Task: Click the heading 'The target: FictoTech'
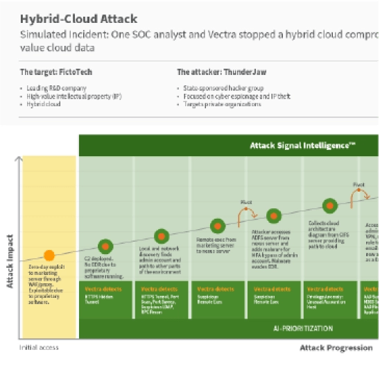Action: (x=56, y=72)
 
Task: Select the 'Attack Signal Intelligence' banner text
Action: (x=302, y=146)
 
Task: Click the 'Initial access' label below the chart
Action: (x=39, y=347)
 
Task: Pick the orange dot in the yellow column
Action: (x=49, y=256)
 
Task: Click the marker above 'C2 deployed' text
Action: (x=105, y=246)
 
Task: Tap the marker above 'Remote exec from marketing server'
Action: (x=218, y=226)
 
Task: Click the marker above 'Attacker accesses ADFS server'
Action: (x=274, y=215)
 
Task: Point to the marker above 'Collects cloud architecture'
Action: (x=329, y=206)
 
